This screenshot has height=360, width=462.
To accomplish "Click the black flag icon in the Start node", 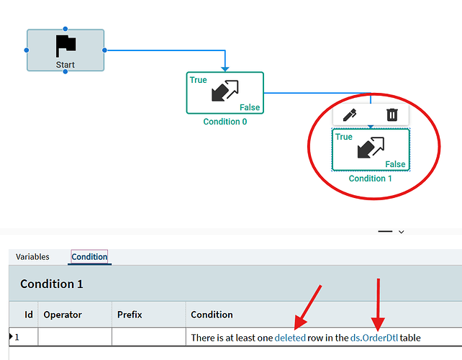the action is pyautogui.click(x=65, y=45).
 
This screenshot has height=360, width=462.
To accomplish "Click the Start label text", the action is pyautogui.click(x=65, y=65).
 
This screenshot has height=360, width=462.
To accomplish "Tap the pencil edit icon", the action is pyautogui.click(x=350, y=115).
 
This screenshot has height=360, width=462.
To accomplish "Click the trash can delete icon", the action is pyautogui.click(x=392, y=114).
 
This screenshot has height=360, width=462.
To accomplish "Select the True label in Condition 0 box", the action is pyautogui.click(x=199, y=80).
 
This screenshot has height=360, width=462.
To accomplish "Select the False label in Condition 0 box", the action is pyautogui.click(x=250, y=107).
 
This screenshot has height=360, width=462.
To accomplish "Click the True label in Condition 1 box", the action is pyautogui.click(x=344, y=137).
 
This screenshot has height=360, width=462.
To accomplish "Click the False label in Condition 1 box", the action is pyautogui.click(x=395, y=164).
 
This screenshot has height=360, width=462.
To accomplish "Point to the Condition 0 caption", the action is pyautogui.click(x=225, y=122).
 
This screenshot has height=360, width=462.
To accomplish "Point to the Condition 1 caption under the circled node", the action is pyautogui.click(x=371, y=179).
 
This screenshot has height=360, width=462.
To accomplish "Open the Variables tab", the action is pyautogui.click(x=32, y=257).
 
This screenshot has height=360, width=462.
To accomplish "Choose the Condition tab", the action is pyautogui.click(x=89, y=257).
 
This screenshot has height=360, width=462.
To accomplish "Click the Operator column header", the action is pyautogui.click(x=63, y=315).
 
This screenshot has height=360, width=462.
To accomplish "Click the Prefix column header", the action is pyautogui.click(x=130, y=315).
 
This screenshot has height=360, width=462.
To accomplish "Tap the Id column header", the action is pyautogui.click(x=29, y=315).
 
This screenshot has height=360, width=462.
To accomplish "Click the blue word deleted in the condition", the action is pyautogui.click(x=290, y=338).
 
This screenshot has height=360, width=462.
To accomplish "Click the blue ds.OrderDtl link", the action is pyautogui.click(x=374, y=338).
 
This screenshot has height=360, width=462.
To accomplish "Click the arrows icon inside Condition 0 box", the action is pyautogui.click(x=225, y=91).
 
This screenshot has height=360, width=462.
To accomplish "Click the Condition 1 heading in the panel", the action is pyautogui.click(x=52, y=284).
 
